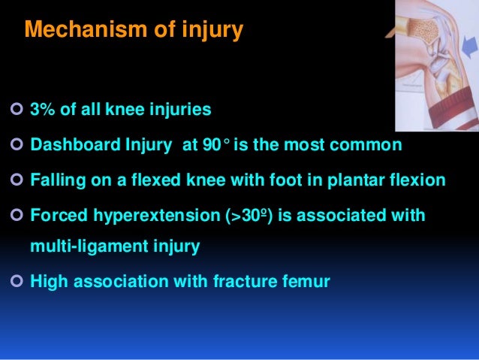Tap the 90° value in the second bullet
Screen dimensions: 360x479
click(x=216, y=146)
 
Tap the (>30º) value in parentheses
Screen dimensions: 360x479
click(x=253, y=216)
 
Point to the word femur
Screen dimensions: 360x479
click(x=306, y=282)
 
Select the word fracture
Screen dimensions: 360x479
click(x=253, y=282)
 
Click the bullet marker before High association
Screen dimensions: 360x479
click(x=15, y=282)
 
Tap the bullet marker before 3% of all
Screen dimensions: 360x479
click(x=15, y=111)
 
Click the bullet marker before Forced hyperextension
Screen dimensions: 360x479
click(x=15, y=216)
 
